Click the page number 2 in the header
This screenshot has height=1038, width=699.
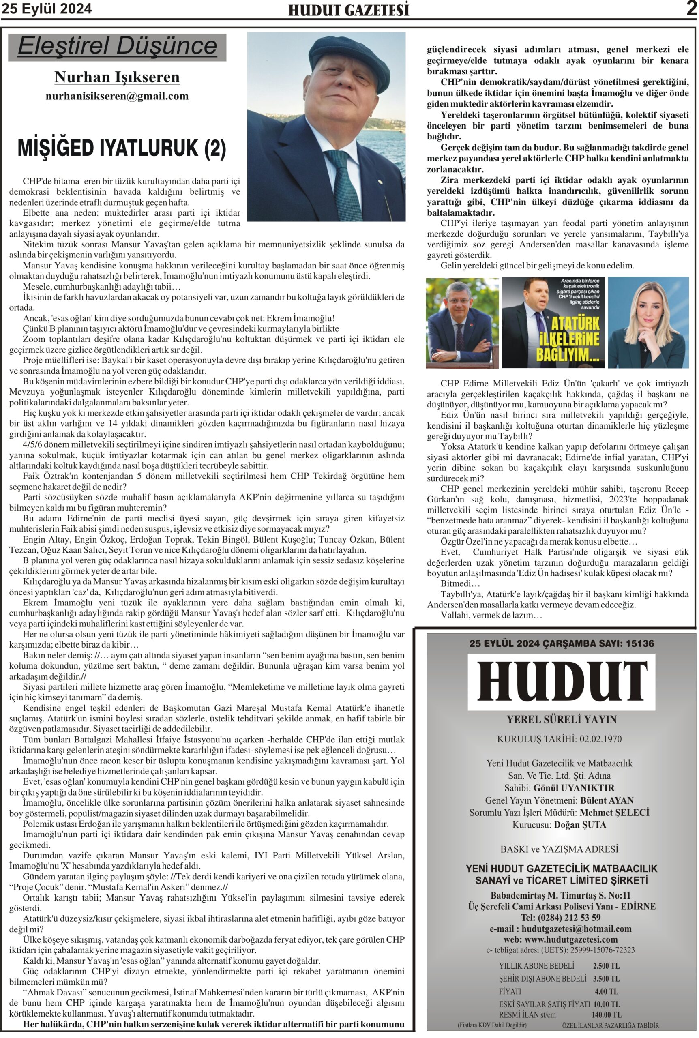[x=690, y=9]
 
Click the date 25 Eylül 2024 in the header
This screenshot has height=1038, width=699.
[x=47, y=9]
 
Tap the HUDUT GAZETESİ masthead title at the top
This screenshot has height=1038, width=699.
[x=349, y=10]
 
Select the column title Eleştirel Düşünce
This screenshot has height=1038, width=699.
[x=117, y=46]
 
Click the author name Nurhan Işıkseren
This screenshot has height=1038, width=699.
[x=117, y=77]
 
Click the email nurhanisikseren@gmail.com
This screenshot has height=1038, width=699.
[x=117, y=96]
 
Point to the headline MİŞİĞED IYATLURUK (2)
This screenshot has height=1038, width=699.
[x=122, y=148]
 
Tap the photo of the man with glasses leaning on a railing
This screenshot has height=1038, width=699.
[x=462, y=323]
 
